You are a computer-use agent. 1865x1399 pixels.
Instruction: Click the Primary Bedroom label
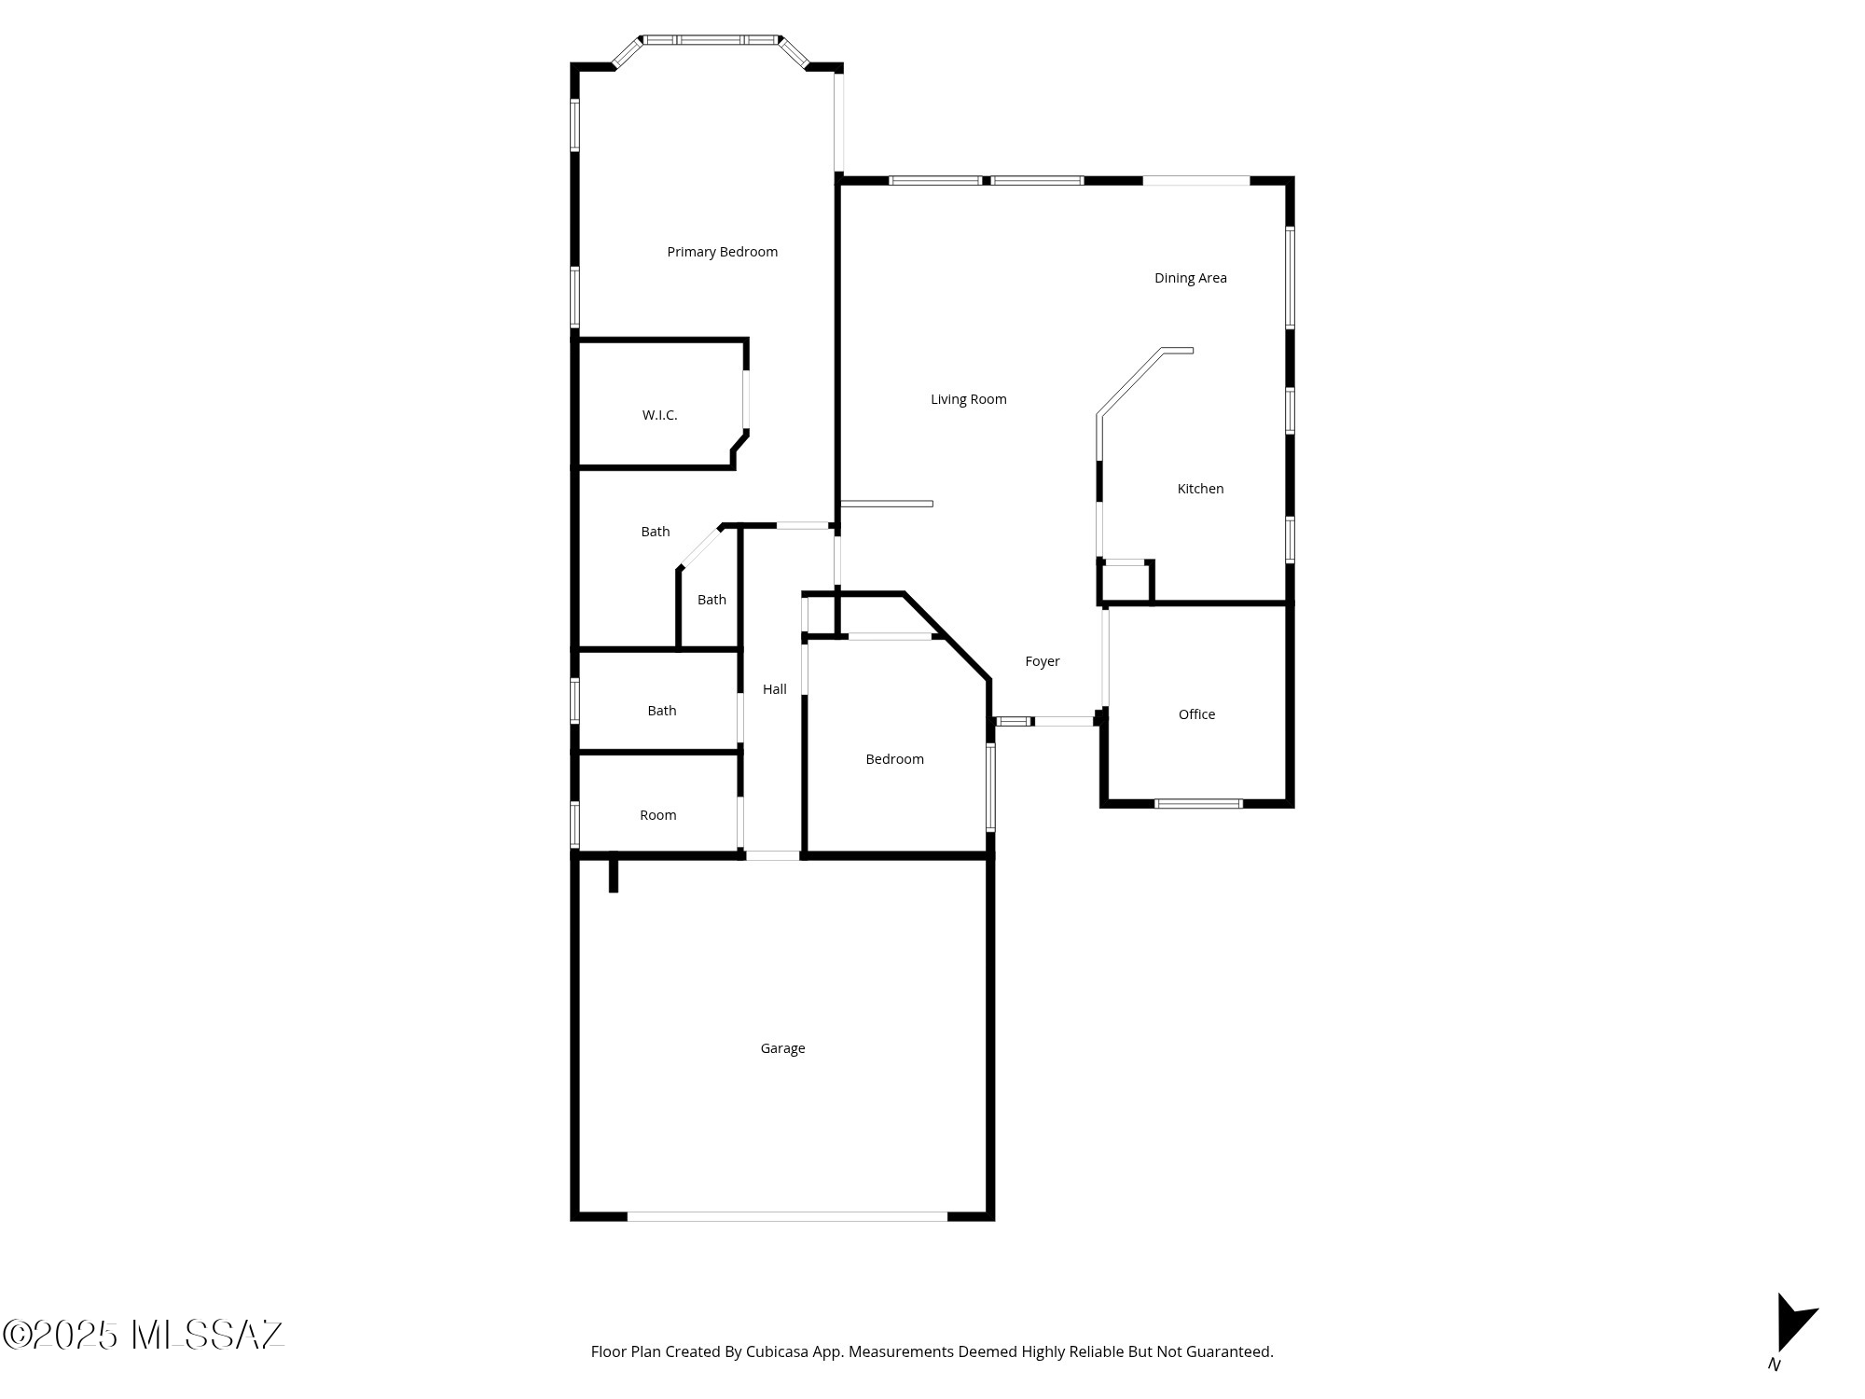pos(722,252)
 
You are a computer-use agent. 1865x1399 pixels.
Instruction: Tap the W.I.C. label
pos(659,415)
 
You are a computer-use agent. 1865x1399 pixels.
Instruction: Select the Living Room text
pos(968,399)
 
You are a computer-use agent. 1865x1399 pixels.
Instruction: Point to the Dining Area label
pos(1190,278)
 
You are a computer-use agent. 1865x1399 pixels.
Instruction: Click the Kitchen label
pos(1200,489)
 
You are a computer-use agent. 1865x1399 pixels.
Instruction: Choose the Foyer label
pos(1042,661)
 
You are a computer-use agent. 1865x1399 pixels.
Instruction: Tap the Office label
pos(1196,714)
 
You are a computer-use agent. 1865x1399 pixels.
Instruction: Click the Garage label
pos(782,1048)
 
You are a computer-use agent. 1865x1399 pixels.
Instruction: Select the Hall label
pos(774,689)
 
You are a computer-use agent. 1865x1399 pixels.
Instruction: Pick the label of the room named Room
pos(657,815)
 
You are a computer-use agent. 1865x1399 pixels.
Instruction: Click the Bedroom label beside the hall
pos(894,759)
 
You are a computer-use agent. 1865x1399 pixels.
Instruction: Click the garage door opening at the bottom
pos(787,1216)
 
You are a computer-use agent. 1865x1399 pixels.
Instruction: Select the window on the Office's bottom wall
pos(1198,803)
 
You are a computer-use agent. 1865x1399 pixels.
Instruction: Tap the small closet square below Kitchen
pos(1126,582)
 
